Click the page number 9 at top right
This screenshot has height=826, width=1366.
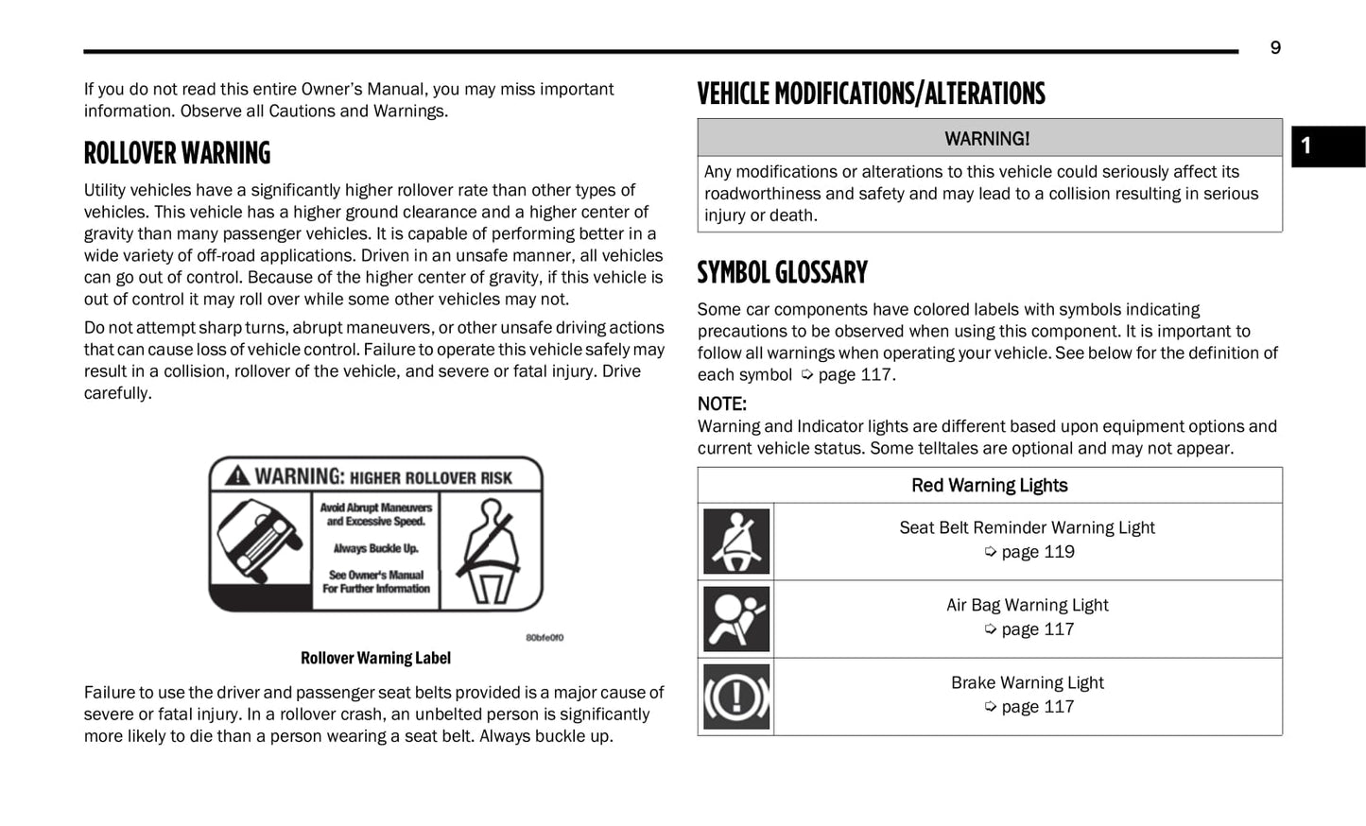click(1275, 48)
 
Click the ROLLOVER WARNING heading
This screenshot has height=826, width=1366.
click(177, 153)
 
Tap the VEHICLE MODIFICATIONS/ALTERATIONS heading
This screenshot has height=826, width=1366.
click(871, 95)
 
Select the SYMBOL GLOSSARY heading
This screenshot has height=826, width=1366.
click(782, 273)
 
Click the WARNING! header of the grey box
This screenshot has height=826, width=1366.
click(987, 139)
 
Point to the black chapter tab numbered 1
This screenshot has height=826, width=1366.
click(1327, 146)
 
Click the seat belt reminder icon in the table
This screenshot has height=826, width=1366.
click(736, 542)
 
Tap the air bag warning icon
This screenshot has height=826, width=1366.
click(736, 619)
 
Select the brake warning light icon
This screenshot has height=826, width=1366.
click(736, 697)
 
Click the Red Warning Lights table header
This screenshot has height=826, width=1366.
click(989, 486)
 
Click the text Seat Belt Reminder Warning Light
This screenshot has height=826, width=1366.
click(1027, 528)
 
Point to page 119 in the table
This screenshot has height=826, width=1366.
click(1037, 552)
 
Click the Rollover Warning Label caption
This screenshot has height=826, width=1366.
click(375, 658)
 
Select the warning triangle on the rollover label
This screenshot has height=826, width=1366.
click(237, 476)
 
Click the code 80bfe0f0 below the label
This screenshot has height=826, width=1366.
click(545, 638)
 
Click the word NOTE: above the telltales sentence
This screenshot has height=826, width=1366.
click(722, 404)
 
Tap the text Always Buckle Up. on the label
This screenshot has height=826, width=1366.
click(375, 548)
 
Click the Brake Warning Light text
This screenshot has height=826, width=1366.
click(1027, 683)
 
